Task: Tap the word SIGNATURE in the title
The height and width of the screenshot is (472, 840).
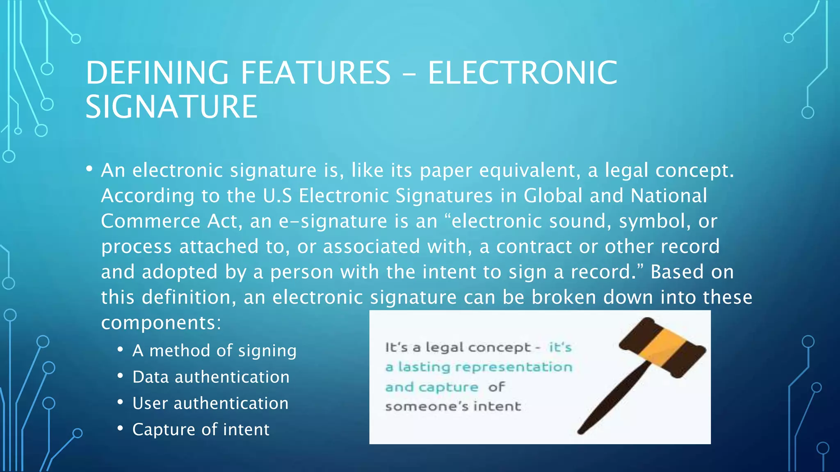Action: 171,107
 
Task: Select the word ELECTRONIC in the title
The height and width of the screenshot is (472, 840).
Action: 523,73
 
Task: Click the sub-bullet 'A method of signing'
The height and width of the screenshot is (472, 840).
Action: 214,351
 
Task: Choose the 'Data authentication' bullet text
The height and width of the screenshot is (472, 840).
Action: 211,377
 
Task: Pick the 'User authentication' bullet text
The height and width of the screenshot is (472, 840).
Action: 210,404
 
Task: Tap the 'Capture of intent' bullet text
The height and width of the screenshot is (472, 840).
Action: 201,430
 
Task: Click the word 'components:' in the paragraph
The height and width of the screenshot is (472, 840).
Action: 161,323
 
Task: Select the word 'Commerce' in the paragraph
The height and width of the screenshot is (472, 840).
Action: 151,221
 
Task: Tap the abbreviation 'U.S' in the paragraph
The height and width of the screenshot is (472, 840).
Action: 277,196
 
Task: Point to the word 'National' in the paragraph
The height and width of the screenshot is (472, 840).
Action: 669,196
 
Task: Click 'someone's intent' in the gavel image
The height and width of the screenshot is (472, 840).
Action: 453,406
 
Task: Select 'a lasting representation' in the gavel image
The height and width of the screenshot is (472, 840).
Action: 479,367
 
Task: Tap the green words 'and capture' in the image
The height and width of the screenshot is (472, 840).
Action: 431,387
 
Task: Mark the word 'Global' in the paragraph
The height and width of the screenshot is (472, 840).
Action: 553,196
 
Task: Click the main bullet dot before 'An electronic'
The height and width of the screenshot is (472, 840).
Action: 89,169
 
